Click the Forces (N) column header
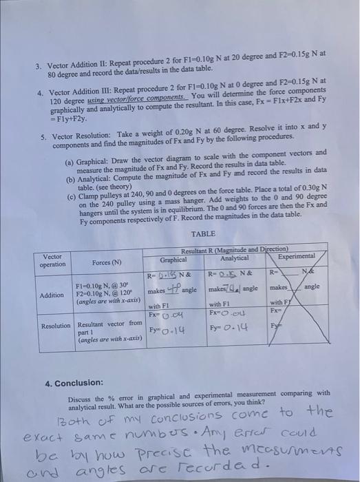click(106, 262)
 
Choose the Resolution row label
click(56, 325)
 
